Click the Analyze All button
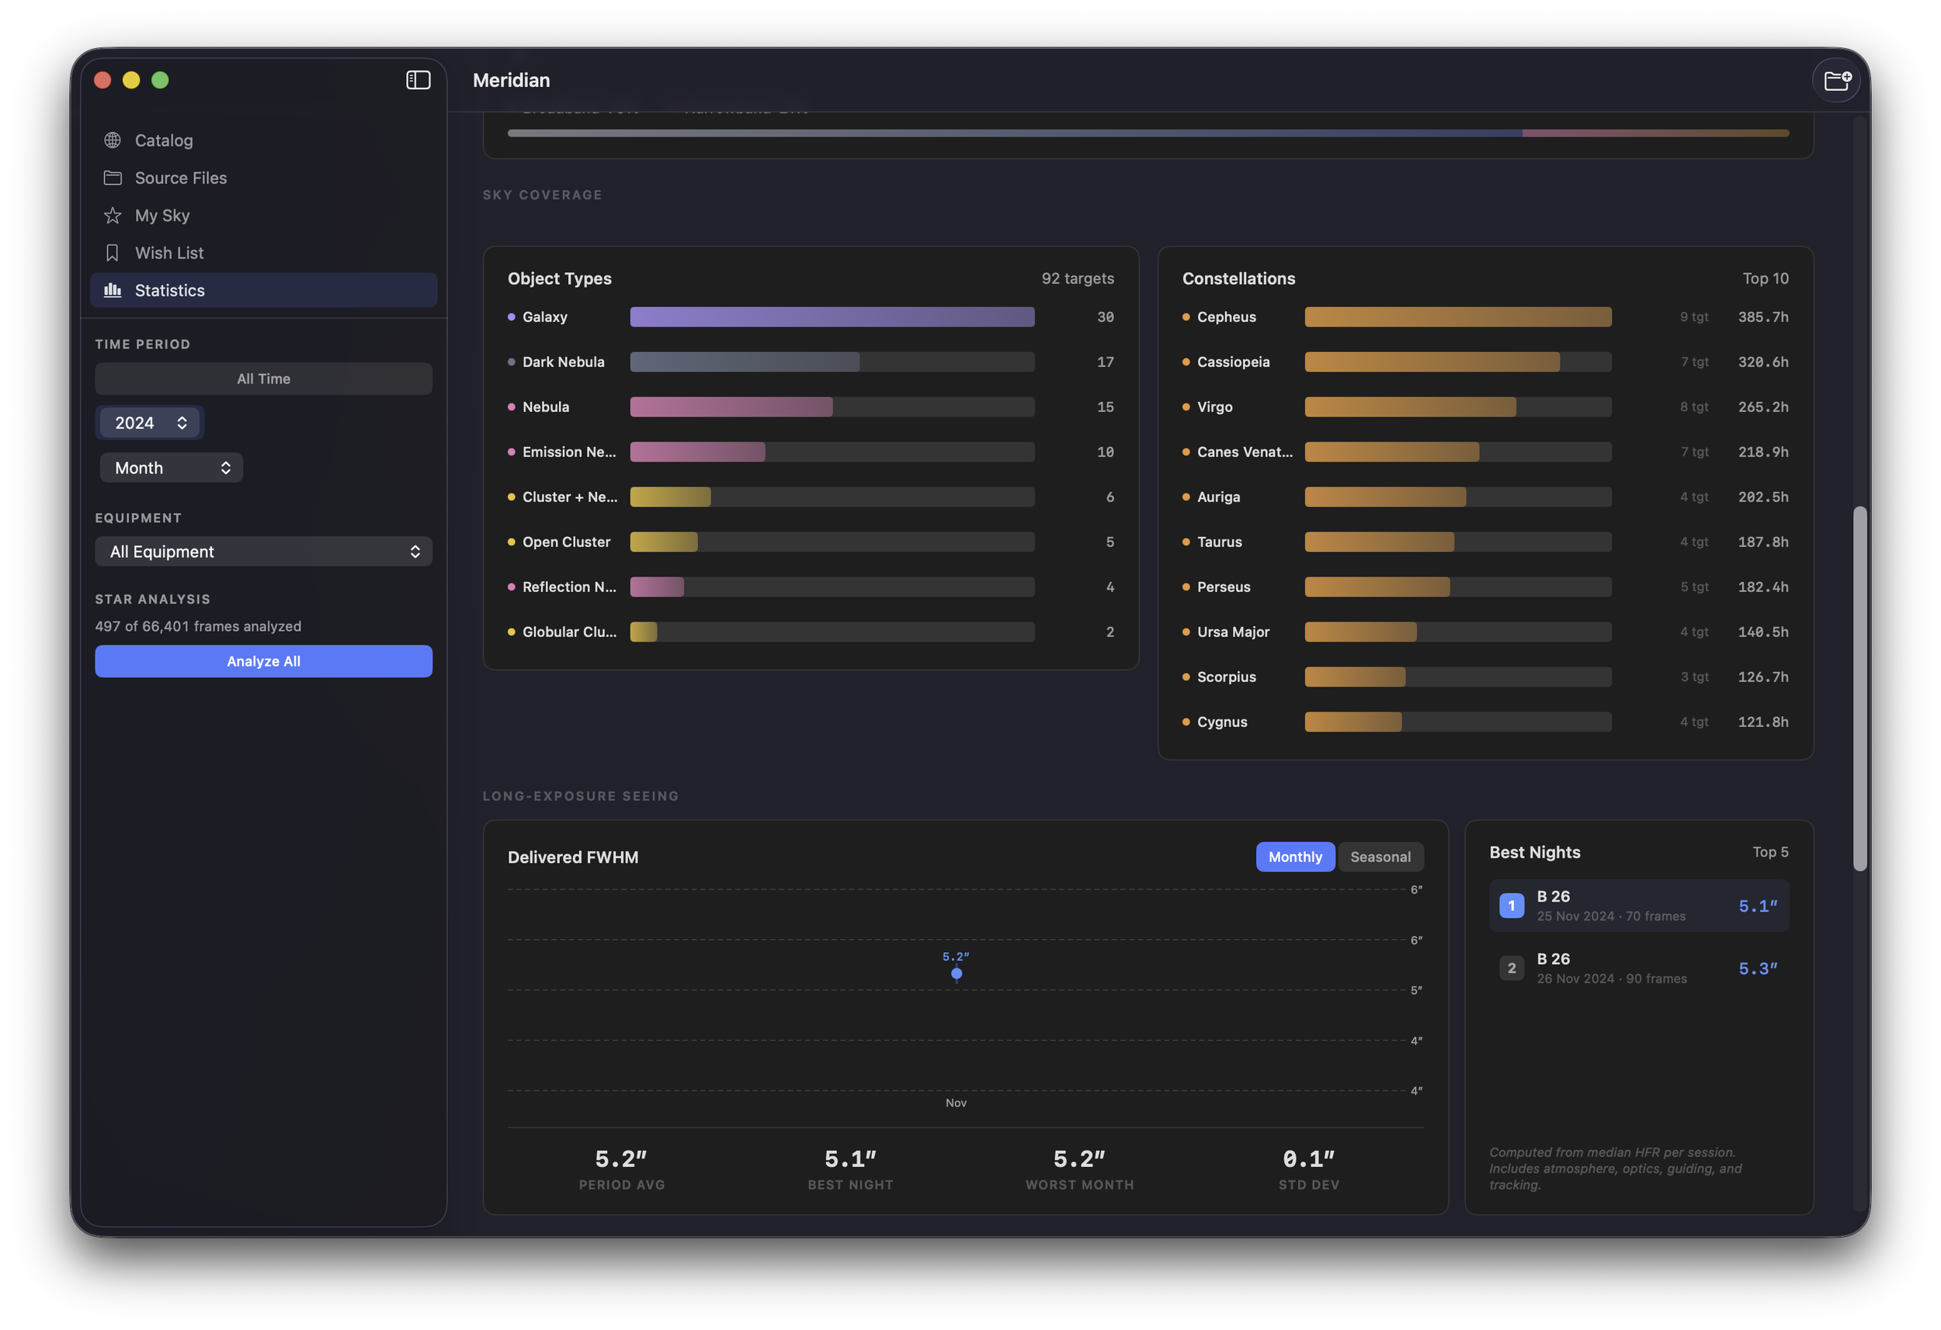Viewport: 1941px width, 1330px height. [263, 661]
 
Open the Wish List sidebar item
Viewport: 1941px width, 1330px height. [168, 253]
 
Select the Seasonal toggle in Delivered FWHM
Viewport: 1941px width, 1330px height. [1380, 857]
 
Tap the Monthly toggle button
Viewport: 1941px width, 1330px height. [1294, 857]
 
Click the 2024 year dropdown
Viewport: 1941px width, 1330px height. [150, 424]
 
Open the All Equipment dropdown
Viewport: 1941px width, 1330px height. [263, 552]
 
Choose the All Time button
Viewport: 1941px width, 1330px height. [263, 379]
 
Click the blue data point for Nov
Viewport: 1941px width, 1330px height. [957, 974]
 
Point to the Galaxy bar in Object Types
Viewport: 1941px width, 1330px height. [832, 317]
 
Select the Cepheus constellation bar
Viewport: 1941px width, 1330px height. [1457, 317]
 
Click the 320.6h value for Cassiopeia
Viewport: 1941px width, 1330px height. [1762, 362]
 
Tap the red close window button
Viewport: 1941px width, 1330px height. [102, 80]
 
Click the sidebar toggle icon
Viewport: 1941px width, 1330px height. [418, 80]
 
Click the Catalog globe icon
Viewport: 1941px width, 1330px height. [113, 140]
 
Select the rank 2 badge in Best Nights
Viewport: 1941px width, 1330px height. [1511, 968]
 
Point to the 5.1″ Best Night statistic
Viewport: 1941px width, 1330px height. [850, 1160]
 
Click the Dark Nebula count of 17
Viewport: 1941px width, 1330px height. [1105, 362]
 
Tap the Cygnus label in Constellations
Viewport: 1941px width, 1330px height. [1221, 722]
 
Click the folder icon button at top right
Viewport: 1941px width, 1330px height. [1837, 80]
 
